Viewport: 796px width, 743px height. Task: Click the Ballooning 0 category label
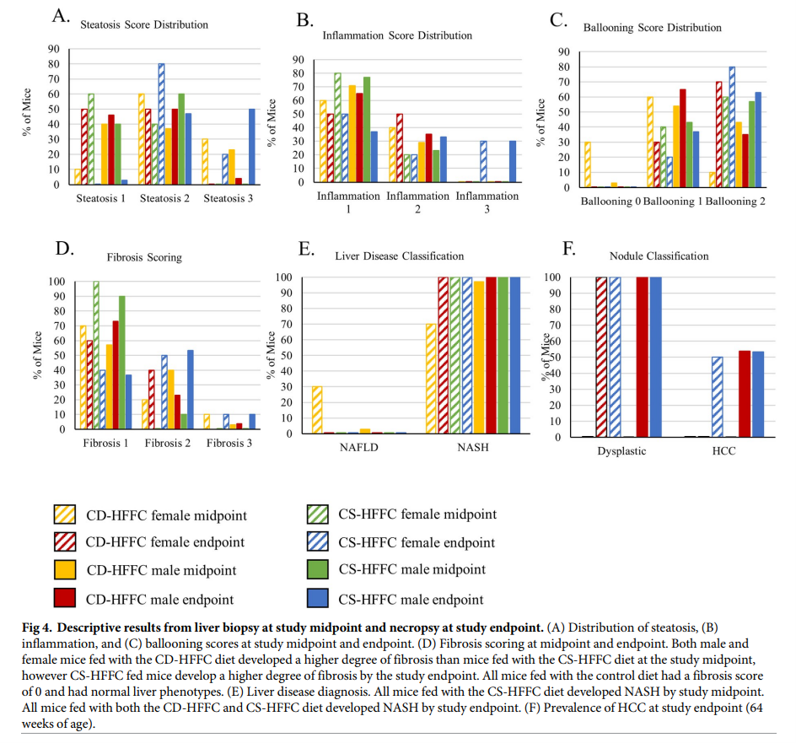click(x=609, y=202)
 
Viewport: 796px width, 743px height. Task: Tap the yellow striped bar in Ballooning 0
click(x=588, y=164)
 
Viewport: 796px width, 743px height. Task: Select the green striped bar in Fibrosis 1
click(x=96, y=354)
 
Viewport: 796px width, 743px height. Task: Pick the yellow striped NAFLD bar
click(x=317, y=410)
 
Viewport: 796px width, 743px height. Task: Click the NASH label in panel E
click(x=473, y=448)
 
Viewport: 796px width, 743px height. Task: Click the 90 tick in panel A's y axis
click(x=53, y=48)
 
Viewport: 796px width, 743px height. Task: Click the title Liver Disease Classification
click(x=399, y=256)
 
